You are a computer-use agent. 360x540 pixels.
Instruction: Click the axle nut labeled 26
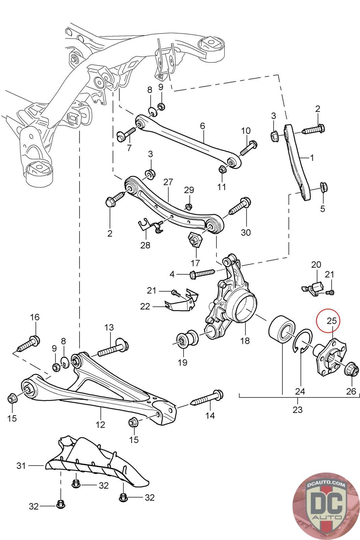349,370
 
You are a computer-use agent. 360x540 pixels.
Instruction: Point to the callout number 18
245,341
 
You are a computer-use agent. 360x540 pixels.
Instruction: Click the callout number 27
168,183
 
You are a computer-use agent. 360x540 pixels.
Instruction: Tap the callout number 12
101,424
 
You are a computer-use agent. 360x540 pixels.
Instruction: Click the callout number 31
21,466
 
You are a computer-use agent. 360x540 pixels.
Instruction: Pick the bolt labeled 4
202,273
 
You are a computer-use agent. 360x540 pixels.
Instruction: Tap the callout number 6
202,126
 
